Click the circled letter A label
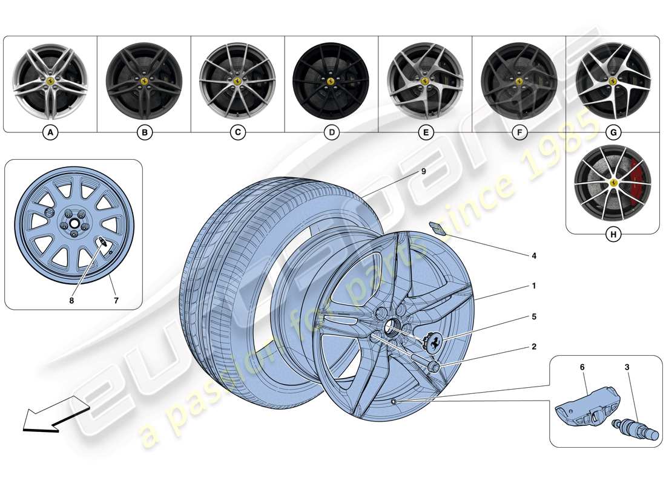[50, 132]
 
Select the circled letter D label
[331, 132]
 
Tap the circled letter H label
[613, 235]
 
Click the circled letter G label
[613, 132]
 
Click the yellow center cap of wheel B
[144, 80]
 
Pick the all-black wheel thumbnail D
[331, 80]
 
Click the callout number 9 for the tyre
[423, 172]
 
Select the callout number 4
[533, 256]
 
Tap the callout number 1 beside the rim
[533, 286]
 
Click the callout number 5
[533, 316]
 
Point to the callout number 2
[533, 347]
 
